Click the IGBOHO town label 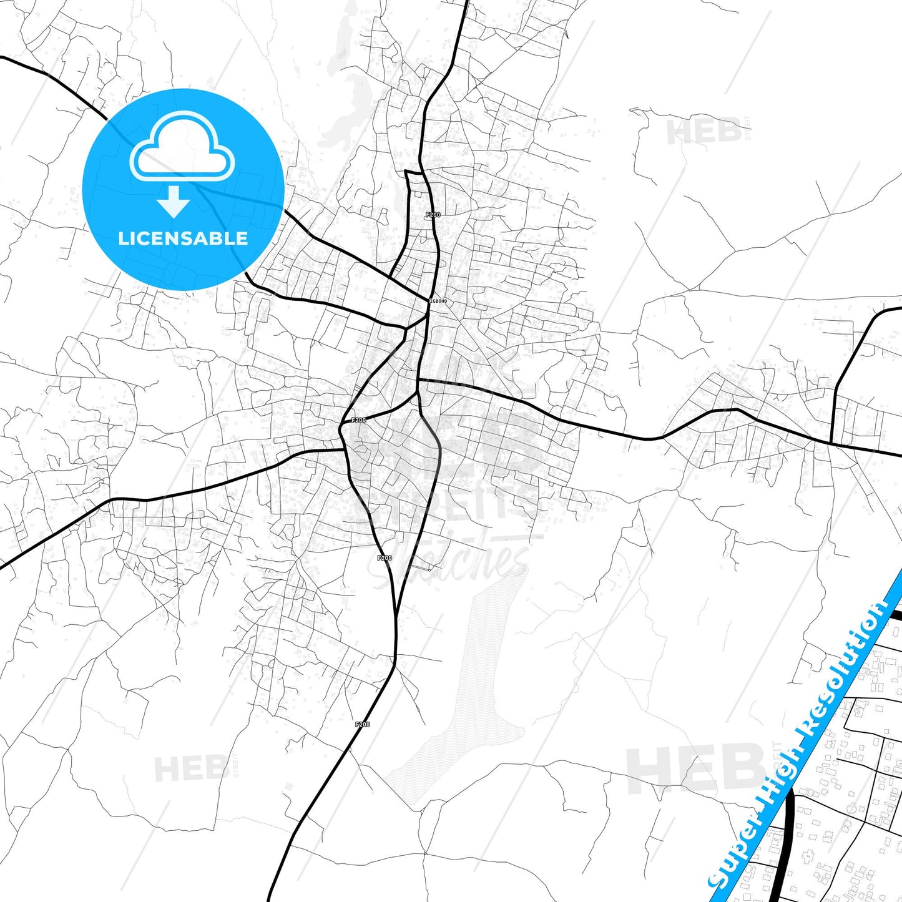pos(439,301)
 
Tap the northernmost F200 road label pos(433,215)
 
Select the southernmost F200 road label pos(362,724)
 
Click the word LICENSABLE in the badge pos(183,238)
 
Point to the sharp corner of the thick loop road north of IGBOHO pos(406,171)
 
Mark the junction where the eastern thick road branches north pos(833,443)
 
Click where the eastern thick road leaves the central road pos(419,379)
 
